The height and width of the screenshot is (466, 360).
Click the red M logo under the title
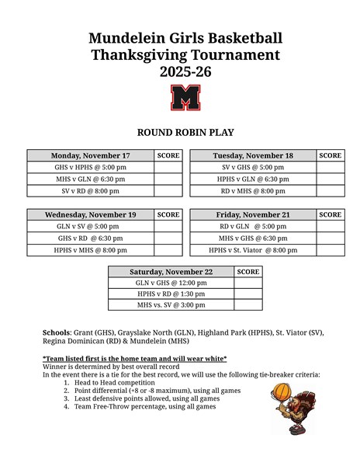[x=185, y=98]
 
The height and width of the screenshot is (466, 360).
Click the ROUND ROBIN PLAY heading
[x=185, y=133]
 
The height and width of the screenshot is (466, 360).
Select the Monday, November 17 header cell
[x=90, y=156]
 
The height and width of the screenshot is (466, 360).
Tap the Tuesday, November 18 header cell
[x=253, y=156]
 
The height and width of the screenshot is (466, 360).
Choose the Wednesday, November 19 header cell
[x=90, y=215]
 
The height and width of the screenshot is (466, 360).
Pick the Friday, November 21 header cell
[x=253, y=215]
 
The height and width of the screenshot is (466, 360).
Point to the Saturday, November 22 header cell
[x=171, y=272]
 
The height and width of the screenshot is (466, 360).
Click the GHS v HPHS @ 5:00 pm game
[x=90, y=167]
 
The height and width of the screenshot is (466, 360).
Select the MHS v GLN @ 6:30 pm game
[x=90, y=179]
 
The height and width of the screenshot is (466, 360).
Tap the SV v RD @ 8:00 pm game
[x=90, y=190]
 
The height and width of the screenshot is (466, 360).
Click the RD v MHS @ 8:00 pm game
[x=253, y=190]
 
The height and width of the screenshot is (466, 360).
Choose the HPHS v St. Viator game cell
[x=253, y=250]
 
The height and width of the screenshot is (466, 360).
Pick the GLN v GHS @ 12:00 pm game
[x=171, y=283]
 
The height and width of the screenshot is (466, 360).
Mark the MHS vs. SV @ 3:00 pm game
[x=171, y=305]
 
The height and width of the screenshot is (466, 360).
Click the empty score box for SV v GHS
[x=330, y=167]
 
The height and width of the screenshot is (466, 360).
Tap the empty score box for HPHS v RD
[x=248, y=294]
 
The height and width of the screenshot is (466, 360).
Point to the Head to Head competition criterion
[x=114, y=383]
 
